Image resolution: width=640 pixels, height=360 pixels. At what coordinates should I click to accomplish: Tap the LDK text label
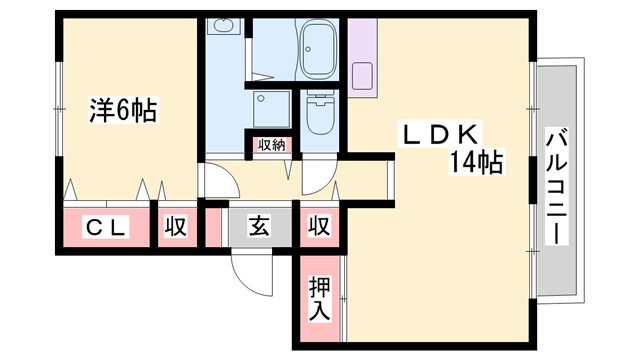pyautogui.click(x=445, y=133)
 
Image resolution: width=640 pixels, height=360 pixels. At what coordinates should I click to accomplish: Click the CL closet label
pyautogui.click(x=106, y=227)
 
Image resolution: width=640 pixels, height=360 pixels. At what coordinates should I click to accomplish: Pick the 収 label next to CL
pyautogui.click(x=175, y=227)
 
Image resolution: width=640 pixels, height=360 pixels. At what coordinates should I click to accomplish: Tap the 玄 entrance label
pyautogui.click(x=259, y=227)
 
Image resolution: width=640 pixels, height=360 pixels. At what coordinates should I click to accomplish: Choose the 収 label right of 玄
pyautogui.click(x=319, y=227)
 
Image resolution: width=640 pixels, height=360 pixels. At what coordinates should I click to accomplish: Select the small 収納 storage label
pyautogui.click(x=272, y=145)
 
